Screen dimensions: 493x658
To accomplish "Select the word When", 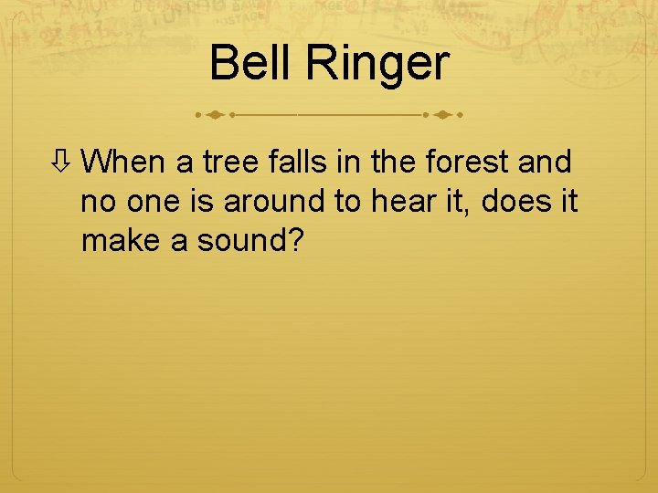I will coord(122,163).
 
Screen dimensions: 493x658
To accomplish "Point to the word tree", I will coord(229,163).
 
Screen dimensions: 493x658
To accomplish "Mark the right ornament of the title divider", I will coord(444,116).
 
